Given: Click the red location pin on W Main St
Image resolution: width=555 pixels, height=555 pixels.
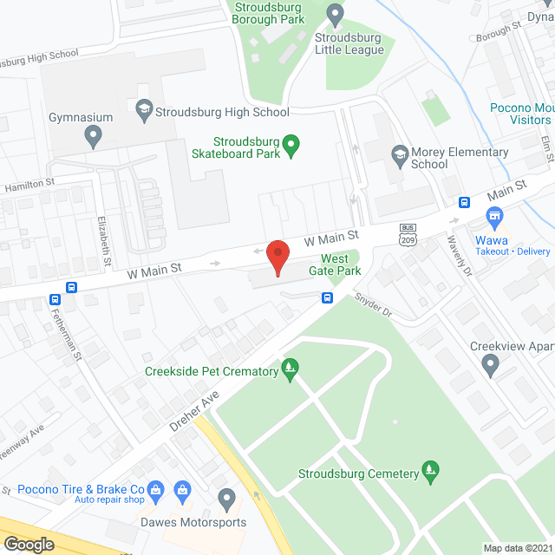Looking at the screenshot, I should [x=277, y=257].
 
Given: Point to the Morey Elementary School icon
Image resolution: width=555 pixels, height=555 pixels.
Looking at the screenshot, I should [x=400, y=153].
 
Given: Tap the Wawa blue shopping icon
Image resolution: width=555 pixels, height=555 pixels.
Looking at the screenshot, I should [x=494, y=215].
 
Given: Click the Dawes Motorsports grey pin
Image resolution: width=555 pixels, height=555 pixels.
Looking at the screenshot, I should [x=226, y=499].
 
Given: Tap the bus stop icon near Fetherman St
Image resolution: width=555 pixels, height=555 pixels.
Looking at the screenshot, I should [x=72, y=288].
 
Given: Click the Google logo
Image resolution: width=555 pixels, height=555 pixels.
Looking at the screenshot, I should [x=29, y=544].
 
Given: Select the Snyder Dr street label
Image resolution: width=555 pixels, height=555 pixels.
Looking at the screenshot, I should [x=374, y=307].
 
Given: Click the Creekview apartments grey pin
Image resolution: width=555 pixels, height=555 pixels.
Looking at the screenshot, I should [x=491, y=365].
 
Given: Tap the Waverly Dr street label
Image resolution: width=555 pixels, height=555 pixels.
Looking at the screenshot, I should [x=460, y=257].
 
